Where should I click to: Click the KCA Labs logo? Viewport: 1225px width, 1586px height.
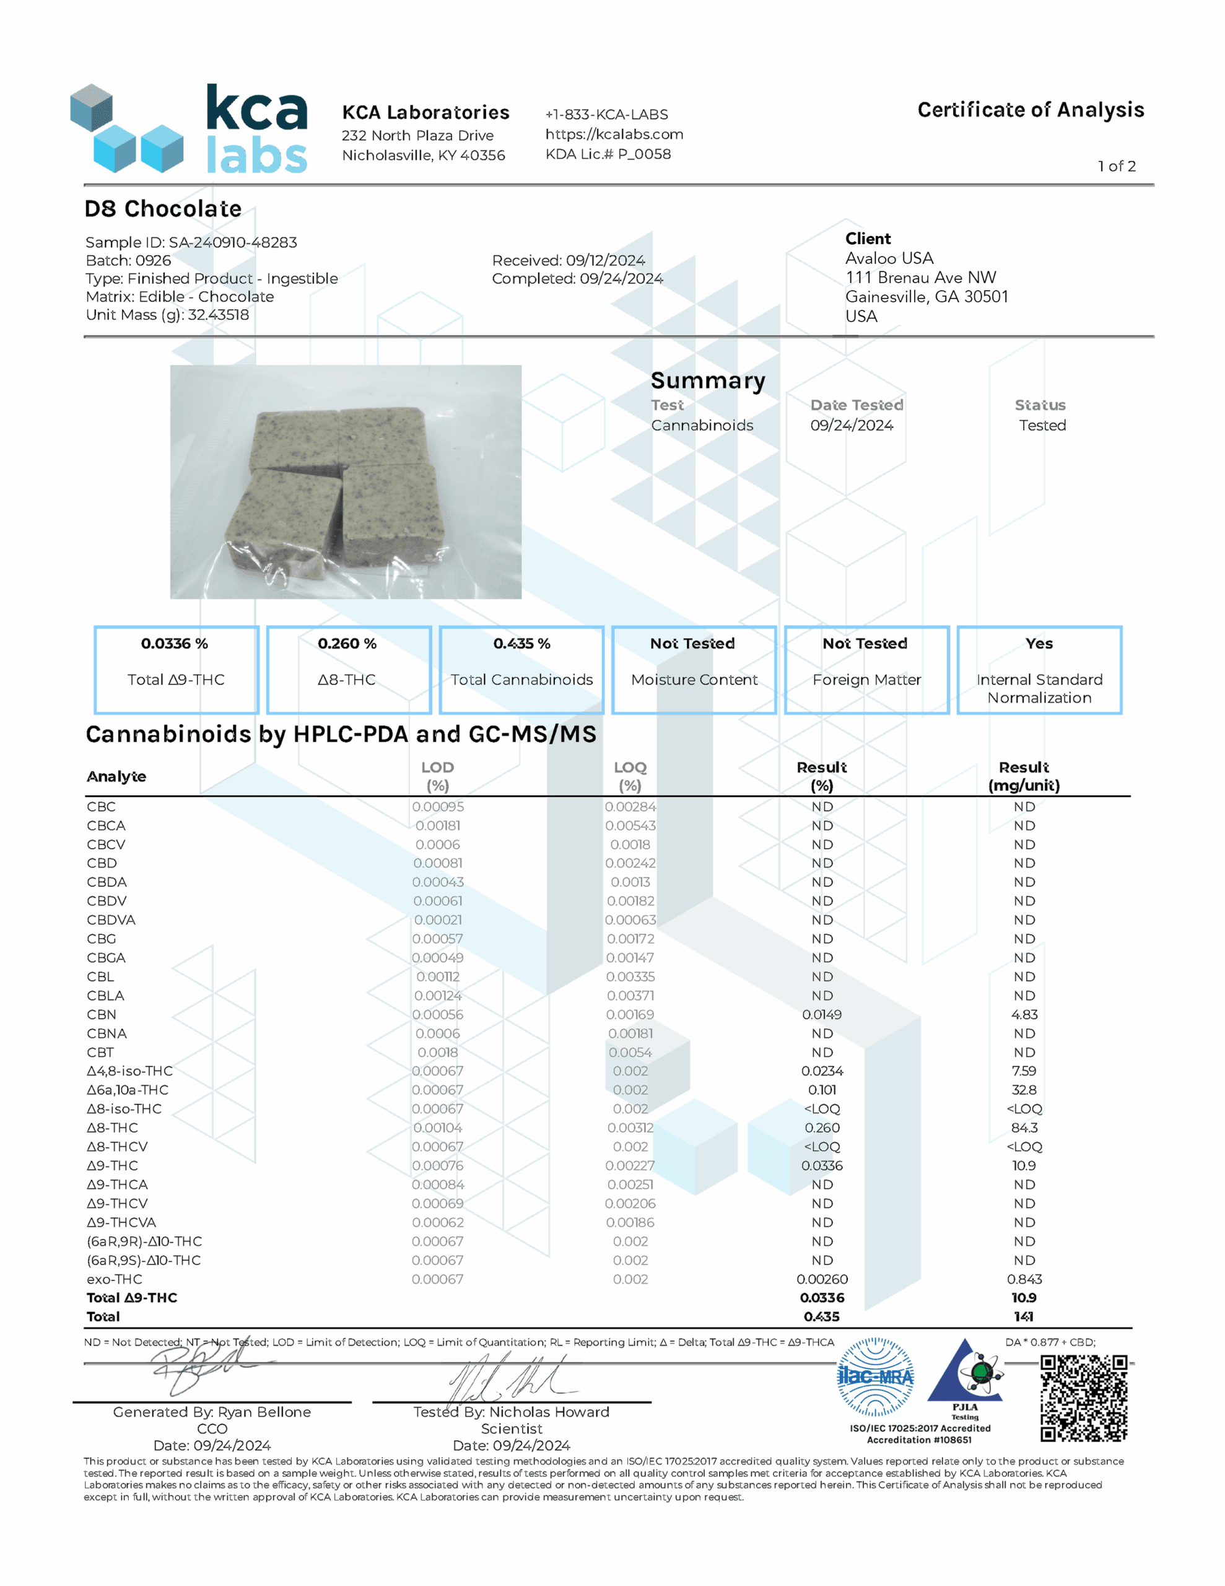pyautogui.click(x=189, y=128)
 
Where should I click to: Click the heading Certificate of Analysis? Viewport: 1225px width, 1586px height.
pyautogui.click(x=1030, y=110)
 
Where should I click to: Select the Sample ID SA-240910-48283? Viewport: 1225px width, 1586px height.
pyautogui.click(x=232, y=243)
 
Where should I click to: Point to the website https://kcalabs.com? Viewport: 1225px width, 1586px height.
pyautogui.click(x=614, y=134)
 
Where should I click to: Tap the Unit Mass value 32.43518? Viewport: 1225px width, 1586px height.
pyautogui.click(x=218, y=315)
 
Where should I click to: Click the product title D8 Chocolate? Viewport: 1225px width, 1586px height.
pyautogui.click(x=163, y=209)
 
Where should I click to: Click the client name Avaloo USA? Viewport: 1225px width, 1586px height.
pyautogui.click(x=889, y=258)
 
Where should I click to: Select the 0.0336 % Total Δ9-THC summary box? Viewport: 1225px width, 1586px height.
pyautogui.click(x=176, y=670)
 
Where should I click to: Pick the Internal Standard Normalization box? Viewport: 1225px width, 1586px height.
pyautogui.click(x=1039, y=670)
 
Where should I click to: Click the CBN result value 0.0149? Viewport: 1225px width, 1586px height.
pyautogui.click(x=821, y=1015)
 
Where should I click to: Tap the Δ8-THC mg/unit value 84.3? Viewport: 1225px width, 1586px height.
pyautogui.click(x=1023, y=1128)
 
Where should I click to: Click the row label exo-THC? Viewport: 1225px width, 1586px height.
pyautogui.click(x=114, y=1279)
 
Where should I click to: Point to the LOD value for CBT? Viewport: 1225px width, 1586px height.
pyautogui.click(x=437, y=1052)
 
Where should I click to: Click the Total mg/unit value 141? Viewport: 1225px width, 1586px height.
pyautogui.click(x=1023, y=1317)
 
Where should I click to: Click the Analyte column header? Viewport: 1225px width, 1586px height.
pyautogui.click(x=116, y=776)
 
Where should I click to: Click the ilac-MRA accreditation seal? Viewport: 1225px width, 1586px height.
pyautogui.click(x=875, y=1378)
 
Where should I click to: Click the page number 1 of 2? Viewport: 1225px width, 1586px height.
pyautogui.click(x=1116, y=166)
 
